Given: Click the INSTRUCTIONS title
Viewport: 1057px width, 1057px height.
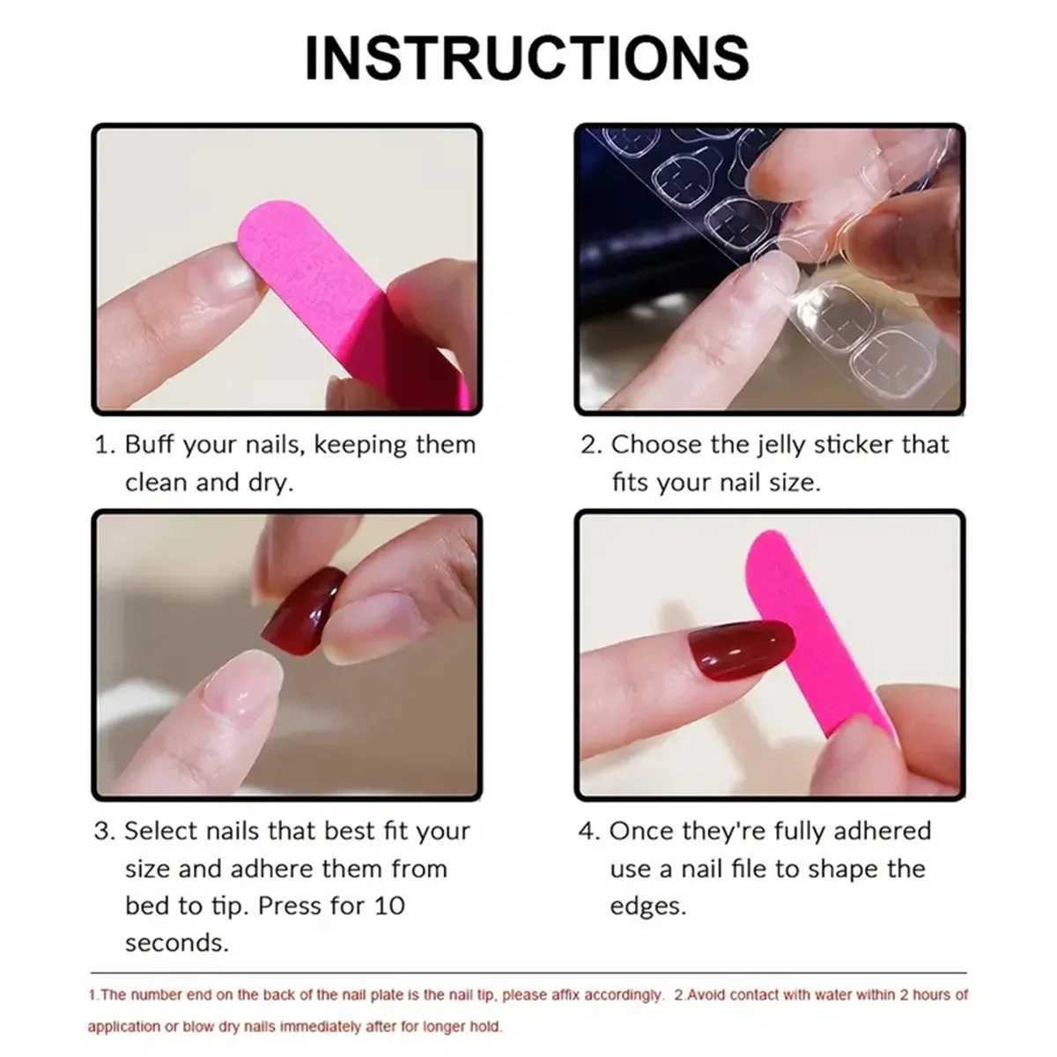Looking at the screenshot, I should pos(527,58).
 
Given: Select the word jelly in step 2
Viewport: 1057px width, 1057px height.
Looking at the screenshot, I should pos(775,444).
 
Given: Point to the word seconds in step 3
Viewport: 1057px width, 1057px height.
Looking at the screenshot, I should pos(176,942).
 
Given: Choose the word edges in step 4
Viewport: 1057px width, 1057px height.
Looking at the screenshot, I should pos(647,905).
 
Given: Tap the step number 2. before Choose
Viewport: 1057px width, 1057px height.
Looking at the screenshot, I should pos(590,444).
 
